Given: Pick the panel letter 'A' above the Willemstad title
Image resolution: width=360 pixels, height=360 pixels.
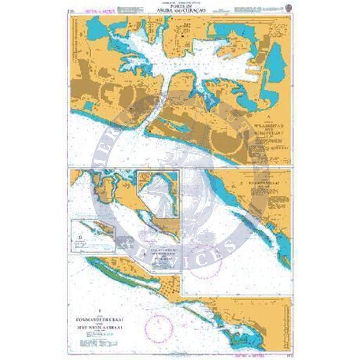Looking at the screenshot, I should [x=269, y=116].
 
